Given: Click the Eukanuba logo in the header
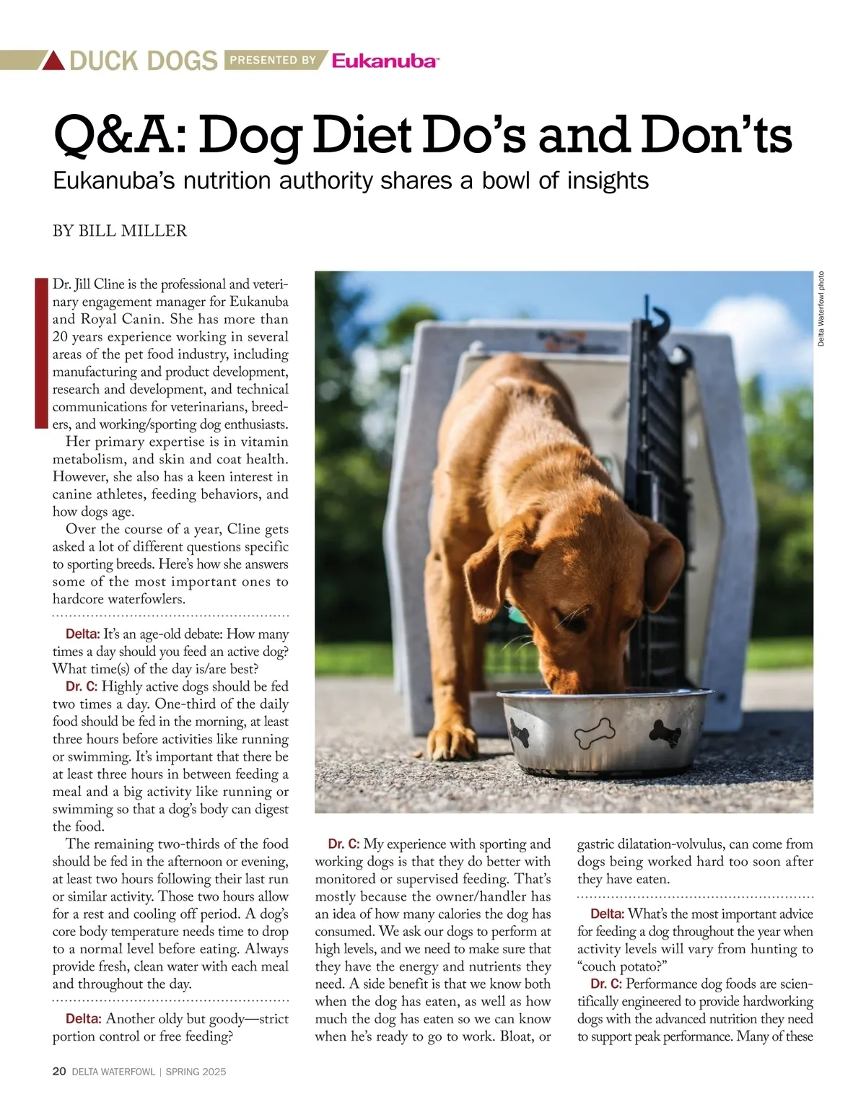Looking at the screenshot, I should coord(385,61).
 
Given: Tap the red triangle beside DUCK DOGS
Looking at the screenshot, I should coord(53,61).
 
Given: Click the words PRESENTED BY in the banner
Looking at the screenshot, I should coord(273,61).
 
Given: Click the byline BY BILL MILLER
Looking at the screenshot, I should coord(120,231).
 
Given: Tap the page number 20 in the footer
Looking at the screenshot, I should coord(59,1072).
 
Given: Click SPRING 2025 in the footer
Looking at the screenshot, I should coord(196,1072).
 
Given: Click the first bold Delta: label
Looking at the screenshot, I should coord(82,634).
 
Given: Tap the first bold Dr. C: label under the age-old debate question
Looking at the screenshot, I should coord(74,686).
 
